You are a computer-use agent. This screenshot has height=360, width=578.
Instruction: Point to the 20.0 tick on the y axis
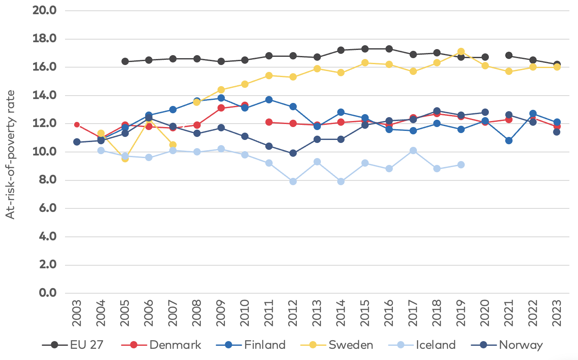pos(44,10)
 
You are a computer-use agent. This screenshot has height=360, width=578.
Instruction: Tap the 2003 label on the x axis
pos(77,313)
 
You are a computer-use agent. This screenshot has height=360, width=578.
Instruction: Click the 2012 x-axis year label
pos(293,313)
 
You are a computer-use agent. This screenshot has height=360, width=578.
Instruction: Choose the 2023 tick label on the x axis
pos(557,313)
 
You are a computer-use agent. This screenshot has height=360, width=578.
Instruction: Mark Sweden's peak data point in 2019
pos(461,52)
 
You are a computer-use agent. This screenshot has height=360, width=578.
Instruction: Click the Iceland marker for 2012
pos(293,181)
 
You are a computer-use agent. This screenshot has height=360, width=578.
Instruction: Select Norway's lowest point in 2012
pos(293,153)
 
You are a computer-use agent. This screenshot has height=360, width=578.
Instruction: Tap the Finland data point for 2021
pos(509,140)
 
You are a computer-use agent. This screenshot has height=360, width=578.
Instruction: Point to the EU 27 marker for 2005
pos(125,61)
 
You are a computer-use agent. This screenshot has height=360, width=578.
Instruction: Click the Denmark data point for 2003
pos(77,124)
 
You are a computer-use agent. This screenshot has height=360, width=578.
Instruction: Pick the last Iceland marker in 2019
pos(461,164)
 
